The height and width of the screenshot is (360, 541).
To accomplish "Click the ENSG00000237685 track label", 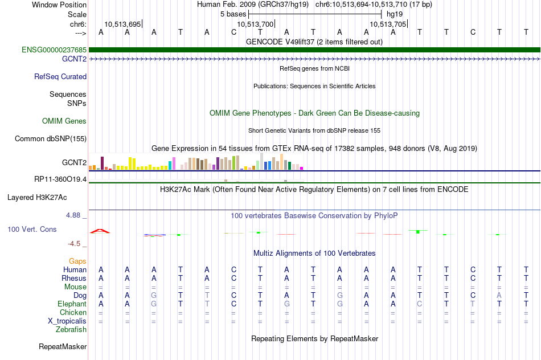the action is [54, 50].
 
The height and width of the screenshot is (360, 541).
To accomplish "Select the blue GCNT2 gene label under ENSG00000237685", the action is [74, 59].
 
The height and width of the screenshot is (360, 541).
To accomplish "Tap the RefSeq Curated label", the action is [60, 77].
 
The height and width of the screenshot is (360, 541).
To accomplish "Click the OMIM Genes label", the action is [64, 121].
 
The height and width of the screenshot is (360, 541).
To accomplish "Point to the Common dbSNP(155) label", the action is [51, 139].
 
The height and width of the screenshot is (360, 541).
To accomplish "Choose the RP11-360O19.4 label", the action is [60, 179].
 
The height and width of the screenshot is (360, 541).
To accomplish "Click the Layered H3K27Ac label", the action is [37, 198].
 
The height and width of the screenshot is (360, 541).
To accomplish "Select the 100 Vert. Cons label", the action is [32, 229].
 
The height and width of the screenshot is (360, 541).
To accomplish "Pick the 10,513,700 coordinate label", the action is [255, 24].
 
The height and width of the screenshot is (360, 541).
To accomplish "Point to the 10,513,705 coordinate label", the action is [388, 24].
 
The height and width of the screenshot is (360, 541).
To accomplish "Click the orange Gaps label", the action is [77, 261].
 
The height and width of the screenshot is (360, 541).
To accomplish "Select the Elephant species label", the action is [72, 304].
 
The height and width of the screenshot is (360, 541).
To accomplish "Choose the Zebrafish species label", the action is [71, 330].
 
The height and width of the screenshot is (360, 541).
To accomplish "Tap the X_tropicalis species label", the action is [67, 321].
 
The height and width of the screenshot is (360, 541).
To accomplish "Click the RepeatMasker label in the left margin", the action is [63, 346].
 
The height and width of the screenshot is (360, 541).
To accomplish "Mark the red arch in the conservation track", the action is [100, 230].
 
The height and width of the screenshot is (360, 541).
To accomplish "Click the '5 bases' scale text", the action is [233, 14].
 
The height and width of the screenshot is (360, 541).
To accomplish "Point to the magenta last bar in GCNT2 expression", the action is [302, 168].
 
